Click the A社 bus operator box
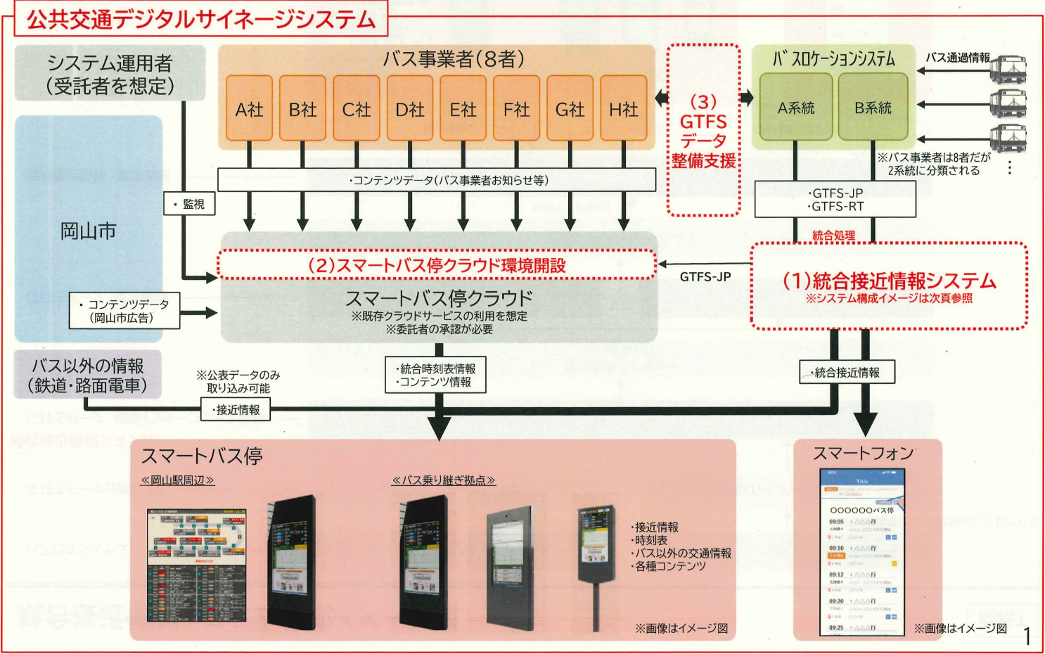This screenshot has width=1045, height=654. click(249, 109)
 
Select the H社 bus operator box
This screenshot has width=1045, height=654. click(623, 109)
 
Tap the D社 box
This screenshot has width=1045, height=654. click(409, 109)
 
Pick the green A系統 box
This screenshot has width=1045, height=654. click(795, 108)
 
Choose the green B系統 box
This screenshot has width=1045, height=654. click(873, 108)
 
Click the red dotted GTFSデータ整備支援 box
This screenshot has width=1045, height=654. click(703, 131)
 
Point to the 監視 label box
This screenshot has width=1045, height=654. click(189, 204)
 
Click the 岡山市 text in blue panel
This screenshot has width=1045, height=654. click(88, 231)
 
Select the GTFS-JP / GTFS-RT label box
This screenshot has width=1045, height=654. click(835, 200)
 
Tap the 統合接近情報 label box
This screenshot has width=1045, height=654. click(847, 373)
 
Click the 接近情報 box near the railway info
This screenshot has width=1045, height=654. click(236, 409)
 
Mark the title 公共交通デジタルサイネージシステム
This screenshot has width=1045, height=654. click(200, 19)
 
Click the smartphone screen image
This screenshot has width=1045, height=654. click(862, 553)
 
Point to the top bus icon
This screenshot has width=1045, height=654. click(1008, 70)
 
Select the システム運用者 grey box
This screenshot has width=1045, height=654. click(110, 74)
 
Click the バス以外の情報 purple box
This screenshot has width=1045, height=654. click(88, 375)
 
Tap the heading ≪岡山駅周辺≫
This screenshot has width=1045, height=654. click(177, 480)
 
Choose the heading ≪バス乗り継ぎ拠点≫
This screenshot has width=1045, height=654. click(443, 480)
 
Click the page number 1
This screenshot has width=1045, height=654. click(1027, 636)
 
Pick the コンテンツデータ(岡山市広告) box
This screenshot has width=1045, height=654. click(124, 311)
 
